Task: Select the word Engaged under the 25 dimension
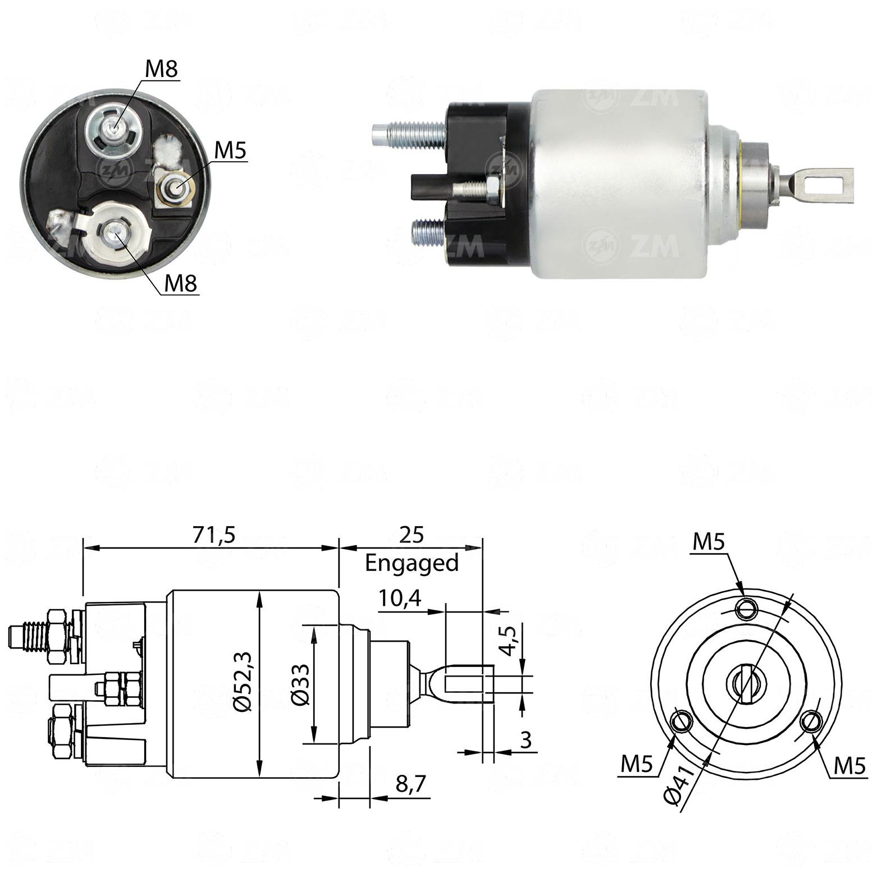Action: tap(412, 563)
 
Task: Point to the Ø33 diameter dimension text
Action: tap(300, 684)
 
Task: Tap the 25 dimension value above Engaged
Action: tap(412, 535)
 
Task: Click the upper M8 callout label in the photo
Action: tap(161, 69)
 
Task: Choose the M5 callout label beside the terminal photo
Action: tap(230, 150)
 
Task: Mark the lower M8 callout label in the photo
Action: tap(180, 284)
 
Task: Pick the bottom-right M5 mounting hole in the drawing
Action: tap(812, 721)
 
